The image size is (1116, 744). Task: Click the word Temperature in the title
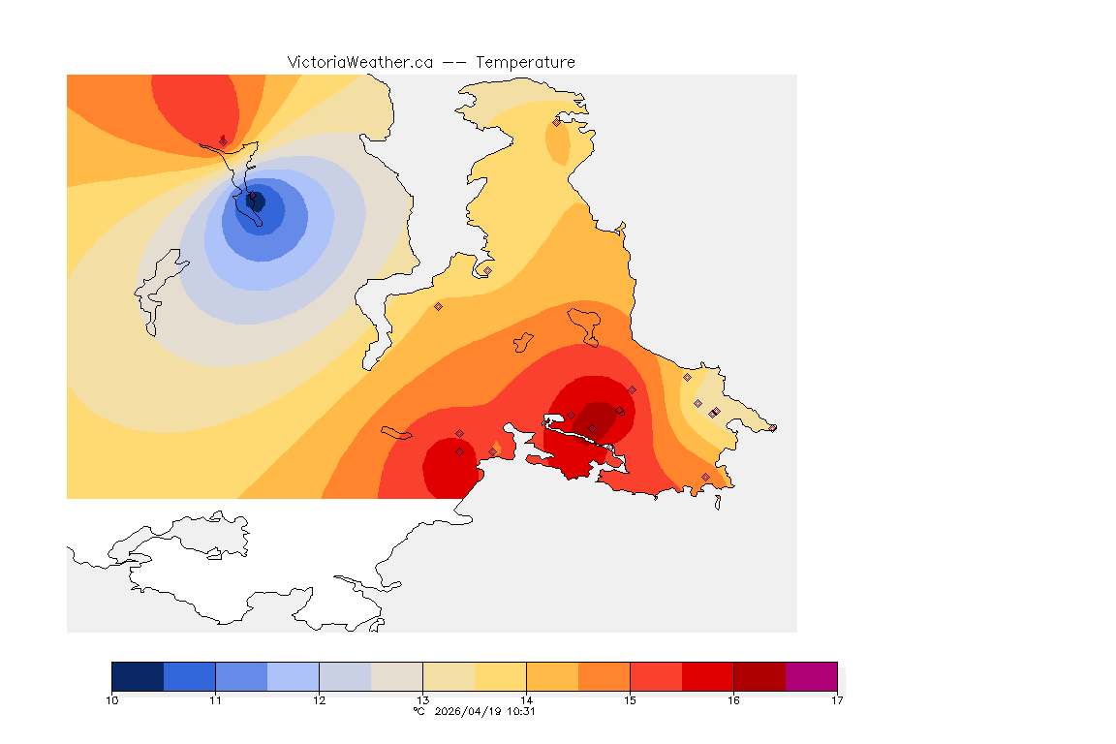pos(525,62)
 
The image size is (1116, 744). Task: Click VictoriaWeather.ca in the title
pos(359,62)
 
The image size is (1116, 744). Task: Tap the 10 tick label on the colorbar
pos(112,699)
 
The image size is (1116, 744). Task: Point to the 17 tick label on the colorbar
pos(836,699)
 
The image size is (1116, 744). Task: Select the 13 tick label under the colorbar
pos(422,699)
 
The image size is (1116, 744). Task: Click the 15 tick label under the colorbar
pos(630,699)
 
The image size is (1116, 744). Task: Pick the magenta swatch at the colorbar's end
pos(811,675)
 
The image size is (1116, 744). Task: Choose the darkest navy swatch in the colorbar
pos(138,675)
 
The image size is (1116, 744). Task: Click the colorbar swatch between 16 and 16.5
pos(759,675)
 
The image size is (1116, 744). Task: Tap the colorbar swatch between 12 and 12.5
pos(345,675)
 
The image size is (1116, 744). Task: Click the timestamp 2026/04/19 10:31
pos(482,711)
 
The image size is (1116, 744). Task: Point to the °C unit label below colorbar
pos(418,711)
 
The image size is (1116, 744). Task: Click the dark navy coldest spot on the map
pos(257,201)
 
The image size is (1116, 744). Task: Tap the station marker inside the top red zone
pos(224,140)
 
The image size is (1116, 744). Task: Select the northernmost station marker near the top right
pos(556,122)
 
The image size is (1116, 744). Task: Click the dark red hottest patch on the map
pos(598,420)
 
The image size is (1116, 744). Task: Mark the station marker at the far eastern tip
pos(772,427)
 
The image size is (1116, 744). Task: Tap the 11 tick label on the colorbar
pos(215,699)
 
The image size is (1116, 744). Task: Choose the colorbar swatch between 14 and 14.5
pos(552,675)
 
